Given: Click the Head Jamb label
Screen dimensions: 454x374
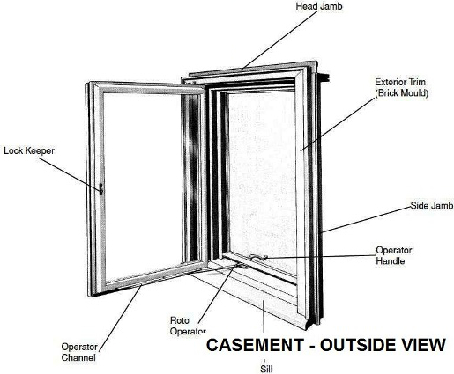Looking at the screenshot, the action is click(x=319, y=6).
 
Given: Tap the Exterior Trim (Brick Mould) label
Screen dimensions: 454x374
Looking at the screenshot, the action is click(x=401, y=87).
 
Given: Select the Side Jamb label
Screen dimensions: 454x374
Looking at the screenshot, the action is click(x=432, y=205).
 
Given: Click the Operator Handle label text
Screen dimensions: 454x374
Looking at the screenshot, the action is click(x=394, y=255).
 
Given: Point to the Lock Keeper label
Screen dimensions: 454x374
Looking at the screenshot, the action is click(x=29, y=150).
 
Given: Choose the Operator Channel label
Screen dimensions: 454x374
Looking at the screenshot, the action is click(x=79, y=352).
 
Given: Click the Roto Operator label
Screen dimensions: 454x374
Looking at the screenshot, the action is click(x=188, y=326).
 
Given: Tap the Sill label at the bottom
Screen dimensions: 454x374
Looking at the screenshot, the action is click(x=266, y=369).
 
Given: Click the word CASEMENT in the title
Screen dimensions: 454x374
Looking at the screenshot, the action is click(x=255, y=345).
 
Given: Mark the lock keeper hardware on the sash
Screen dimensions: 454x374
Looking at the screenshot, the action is click(x=100, y=189).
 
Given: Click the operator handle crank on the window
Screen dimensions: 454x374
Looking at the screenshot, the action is click(x=258, y=257).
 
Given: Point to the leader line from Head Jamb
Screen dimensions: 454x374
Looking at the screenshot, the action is click(x=279, y=40).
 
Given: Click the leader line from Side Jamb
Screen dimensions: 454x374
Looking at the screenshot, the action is click(x=366, y=219).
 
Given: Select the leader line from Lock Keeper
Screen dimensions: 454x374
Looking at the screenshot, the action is click(x=70, y=174).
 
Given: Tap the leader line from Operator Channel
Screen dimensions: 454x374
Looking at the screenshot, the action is click(x=121, y=318).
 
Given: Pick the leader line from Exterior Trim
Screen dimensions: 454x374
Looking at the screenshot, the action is click(x=338, y=125).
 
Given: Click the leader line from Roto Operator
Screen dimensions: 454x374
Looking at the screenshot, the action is click(x=218, y=293).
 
